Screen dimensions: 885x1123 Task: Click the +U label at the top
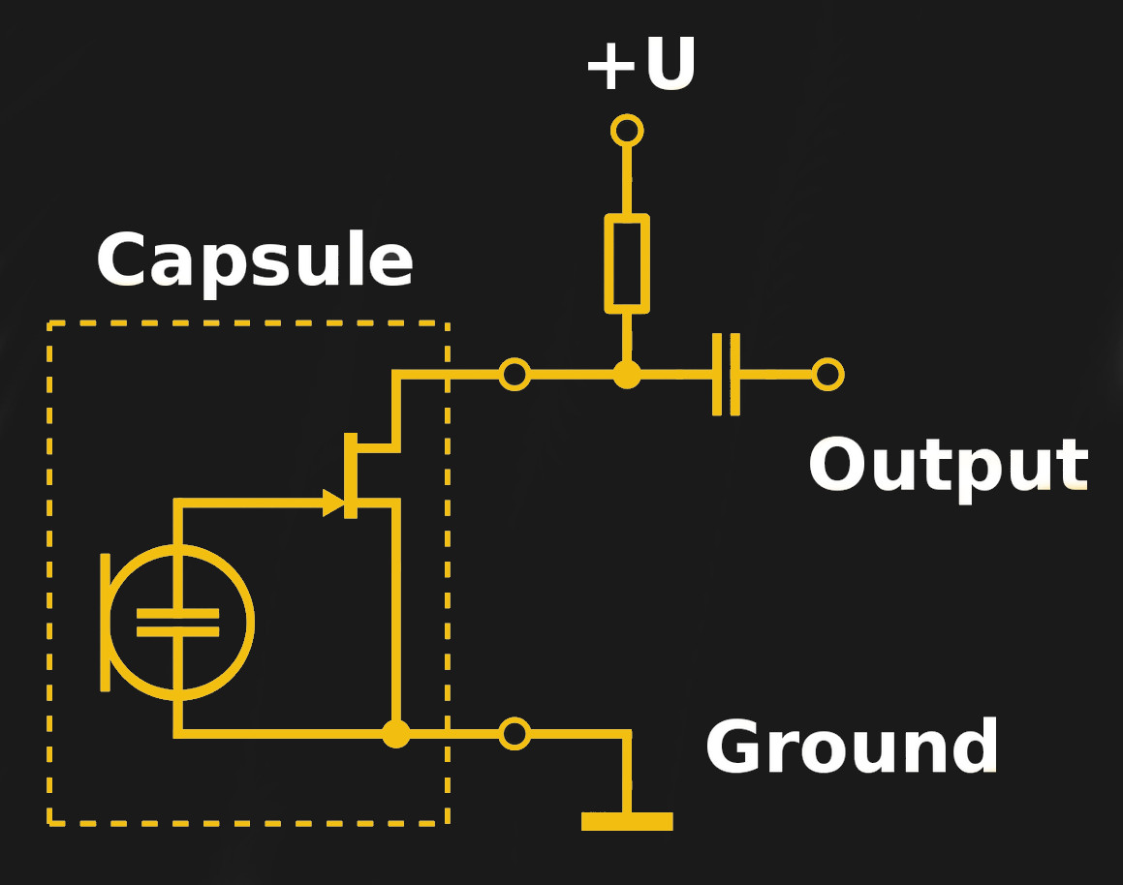coord(640,66)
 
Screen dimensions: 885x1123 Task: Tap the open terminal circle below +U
coord(627,130)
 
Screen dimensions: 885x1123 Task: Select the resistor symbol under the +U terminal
coord(627,263)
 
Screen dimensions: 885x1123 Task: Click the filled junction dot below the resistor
coord(627,374)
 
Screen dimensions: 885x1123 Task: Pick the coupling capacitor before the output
coord(726,374)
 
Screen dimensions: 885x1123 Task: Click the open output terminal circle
coord(827,374)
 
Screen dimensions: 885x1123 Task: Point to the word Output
coord(948,467)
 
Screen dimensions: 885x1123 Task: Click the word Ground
coord(852,748)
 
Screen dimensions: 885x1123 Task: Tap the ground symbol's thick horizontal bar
coord(627,821)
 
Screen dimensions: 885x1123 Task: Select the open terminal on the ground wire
coord(515,733)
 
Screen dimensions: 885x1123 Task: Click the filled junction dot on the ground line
coord(395,734)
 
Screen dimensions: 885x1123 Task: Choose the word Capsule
coord(255,261)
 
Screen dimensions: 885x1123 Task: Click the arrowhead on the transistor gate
coord(333,503)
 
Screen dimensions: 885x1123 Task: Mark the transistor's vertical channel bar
coord(351,475)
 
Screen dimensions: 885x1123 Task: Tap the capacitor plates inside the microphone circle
coord(177,622)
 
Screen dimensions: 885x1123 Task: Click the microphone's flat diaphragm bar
coord(105,622)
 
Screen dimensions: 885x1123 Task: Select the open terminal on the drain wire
coord(515,374)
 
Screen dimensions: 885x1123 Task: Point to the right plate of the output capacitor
coord(734,374)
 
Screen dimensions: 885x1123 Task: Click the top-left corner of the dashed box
coord(49,323)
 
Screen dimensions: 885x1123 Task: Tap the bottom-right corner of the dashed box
coord(447,823)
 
